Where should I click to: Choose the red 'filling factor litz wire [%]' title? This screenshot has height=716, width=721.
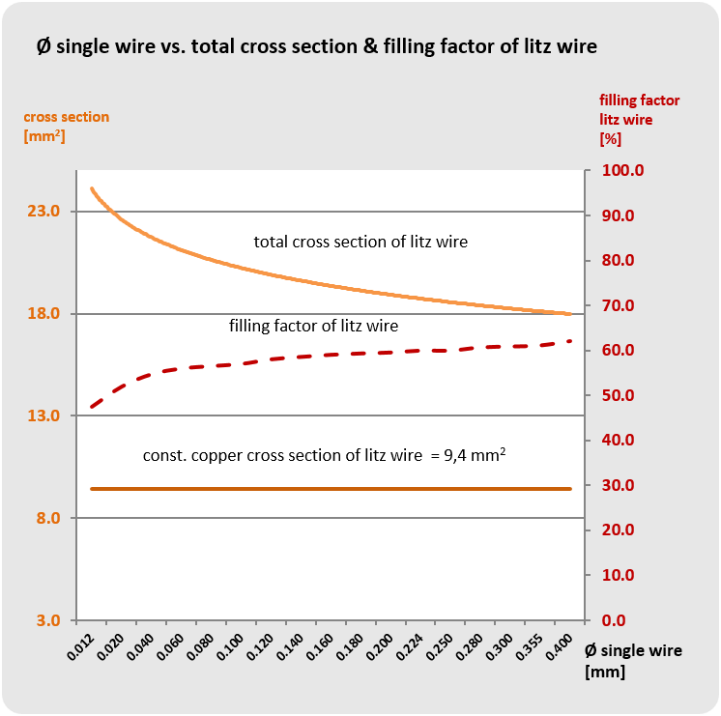coord(639,119)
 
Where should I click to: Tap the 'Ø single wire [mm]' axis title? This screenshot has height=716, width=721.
coord(632,660)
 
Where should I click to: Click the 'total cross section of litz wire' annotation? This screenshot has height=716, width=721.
coord(360,242)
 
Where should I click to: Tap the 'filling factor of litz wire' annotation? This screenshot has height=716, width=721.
coord(313,326)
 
